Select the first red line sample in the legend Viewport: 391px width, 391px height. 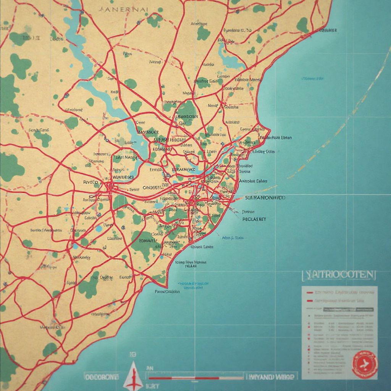310,292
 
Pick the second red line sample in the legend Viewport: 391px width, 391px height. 310,301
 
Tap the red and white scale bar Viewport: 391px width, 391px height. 195,378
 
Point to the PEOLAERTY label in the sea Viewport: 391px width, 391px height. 254,220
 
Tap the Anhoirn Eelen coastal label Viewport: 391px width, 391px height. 253,181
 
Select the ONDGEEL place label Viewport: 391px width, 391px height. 153,187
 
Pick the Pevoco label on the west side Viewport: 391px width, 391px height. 91,182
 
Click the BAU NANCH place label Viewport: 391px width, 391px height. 126,157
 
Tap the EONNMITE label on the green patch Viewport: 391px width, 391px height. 144,241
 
